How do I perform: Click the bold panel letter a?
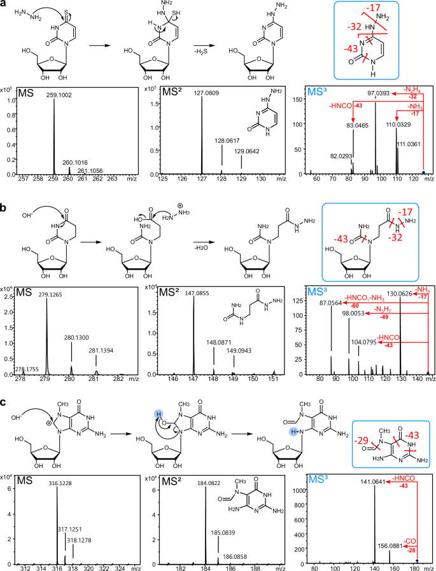click(x=5, y=6)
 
